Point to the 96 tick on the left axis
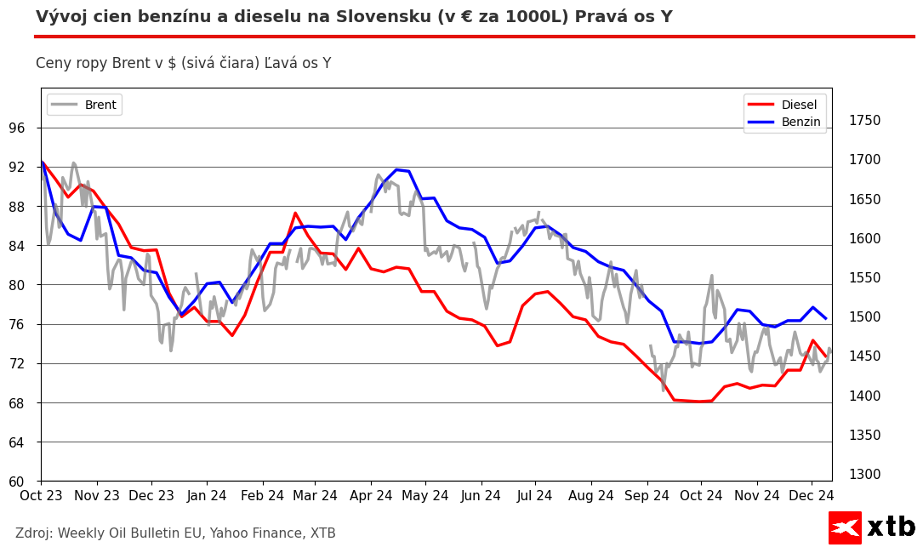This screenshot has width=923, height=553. (x=17, y=128)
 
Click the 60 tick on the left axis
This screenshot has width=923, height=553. (x=17, y=482)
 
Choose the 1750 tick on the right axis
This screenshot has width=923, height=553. (x=864, y=121)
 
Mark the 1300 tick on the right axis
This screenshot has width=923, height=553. (x=864, y=475)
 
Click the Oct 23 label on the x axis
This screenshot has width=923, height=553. (x=41, y=496)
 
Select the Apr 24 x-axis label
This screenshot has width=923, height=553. (x=370, y=496)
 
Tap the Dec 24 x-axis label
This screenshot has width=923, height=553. (x=811, y=496)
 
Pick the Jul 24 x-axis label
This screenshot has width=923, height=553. (x=535, y=496)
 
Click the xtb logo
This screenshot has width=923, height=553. (x=872, y=527)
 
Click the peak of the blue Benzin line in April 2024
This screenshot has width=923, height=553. (x=396, y=169)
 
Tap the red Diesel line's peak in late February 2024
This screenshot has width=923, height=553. (x=295, y=213)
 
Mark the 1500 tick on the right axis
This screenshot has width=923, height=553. (x=864, y=317)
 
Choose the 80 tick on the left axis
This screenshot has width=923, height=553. (x=17, y=285)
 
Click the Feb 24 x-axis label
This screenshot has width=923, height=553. (x=262, y=496)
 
